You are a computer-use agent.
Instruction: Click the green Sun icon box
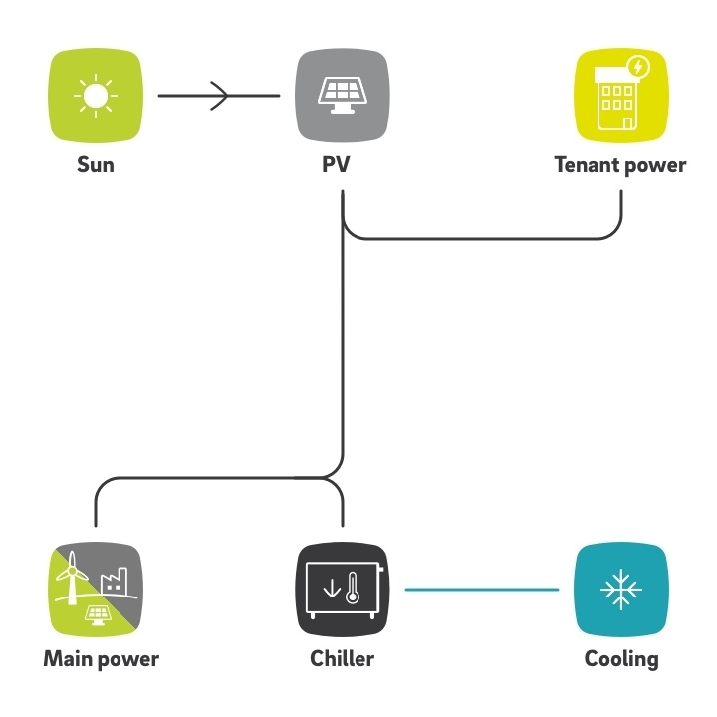(x=96, y=96)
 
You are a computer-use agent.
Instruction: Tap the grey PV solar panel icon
(x=343, y=96)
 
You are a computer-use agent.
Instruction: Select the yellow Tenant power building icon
(x=621, y=96)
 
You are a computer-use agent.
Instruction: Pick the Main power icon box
(x=96, y=589)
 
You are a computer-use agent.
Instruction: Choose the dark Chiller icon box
(x=343, y=589)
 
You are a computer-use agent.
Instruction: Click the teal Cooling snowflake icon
(x=621, y=589)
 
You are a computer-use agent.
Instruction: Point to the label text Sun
(x=96, y=165)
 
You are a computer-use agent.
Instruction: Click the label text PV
(x=337, y=164)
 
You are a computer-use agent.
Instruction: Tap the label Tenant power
(x=620, y=165)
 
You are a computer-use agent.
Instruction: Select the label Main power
(x=101, y=659)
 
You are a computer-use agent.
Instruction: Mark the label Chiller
(x=342, y=659)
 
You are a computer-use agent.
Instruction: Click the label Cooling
(x=621, y=660)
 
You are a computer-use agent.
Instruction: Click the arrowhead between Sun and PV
(x=219, y=96)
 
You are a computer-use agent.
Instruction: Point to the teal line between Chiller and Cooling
(x=482, y=590)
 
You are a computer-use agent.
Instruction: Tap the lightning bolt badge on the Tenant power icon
(x=638, y=68)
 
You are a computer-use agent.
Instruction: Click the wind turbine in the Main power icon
(x=72, y=578)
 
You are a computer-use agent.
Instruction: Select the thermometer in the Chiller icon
(x=353, y=588)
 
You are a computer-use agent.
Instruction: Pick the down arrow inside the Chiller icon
(x=332, y=589)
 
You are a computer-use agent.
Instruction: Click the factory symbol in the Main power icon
(x=114, y=580)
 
